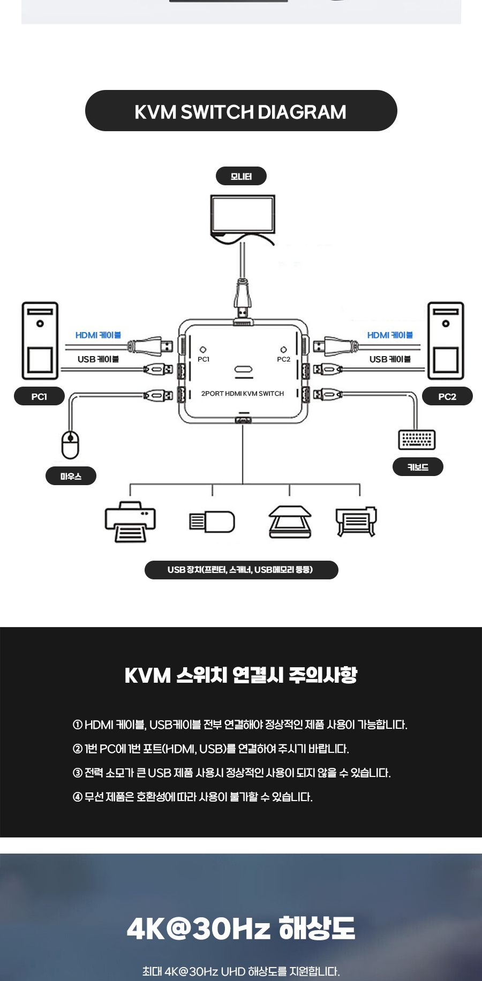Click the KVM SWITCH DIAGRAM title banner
coord(241,111)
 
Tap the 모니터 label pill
coord(241,176)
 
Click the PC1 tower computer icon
coord(40,341)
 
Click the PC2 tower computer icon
coord(446,341)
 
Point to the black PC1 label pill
coord(39,396)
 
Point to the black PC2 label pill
coord(447,396)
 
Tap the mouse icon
coord(70,444)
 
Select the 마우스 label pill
coord(71,476)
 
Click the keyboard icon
coord(417,440)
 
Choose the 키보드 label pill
coord(418,467)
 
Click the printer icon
coord(130,522)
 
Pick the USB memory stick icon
coord(212,522)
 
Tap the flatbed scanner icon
coord(290,522)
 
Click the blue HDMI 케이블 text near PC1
coord(98,335)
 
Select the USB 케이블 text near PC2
coord(389,359)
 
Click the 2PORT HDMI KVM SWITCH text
coord(242,394)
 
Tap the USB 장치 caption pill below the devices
coord(241,570)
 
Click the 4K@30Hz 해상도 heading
coord(241,928)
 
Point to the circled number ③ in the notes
coord(77,773)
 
